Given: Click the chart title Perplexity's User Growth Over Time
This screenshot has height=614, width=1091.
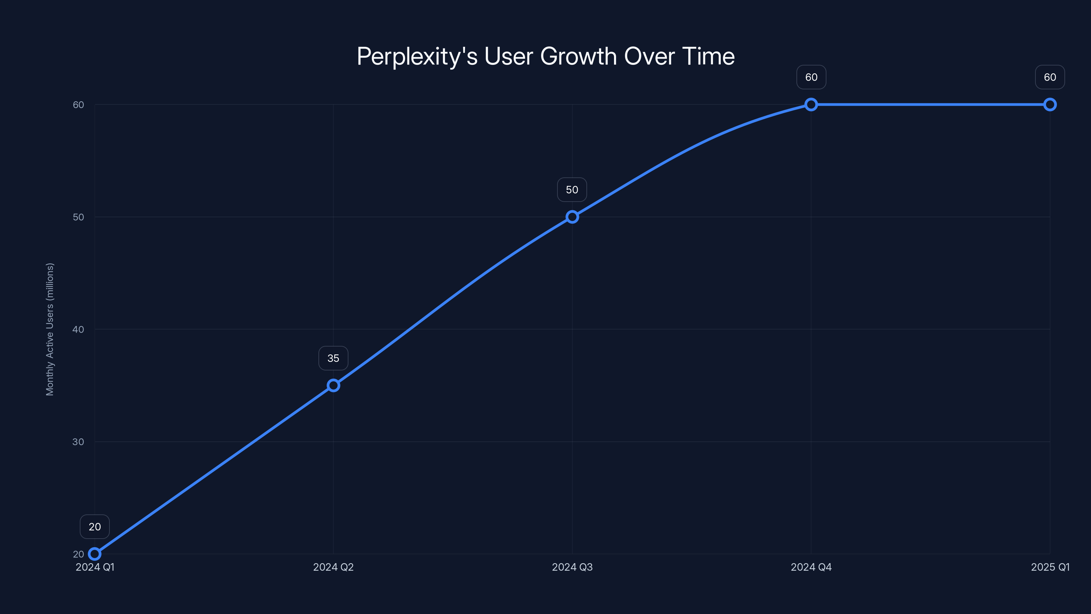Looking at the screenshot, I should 545,56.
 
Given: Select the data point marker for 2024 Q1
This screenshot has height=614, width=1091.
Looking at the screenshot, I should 95,554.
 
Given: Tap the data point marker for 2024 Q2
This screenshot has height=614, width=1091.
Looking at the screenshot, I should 333,385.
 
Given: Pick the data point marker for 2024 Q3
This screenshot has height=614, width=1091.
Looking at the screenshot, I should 572,217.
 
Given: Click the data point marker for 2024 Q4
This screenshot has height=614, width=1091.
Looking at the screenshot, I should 811,105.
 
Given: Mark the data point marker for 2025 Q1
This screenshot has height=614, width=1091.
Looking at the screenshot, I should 1050,105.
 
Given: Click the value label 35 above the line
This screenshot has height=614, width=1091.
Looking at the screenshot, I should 333,358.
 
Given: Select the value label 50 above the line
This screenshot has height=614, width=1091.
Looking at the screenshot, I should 572,190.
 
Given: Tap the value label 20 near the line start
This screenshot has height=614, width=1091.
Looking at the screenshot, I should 95,527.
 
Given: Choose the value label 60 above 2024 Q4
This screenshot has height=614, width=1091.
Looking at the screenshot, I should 811,77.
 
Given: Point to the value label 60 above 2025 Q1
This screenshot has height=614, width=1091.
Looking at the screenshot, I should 1050,77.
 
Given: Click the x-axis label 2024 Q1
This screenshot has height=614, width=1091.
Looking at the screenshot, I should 95,567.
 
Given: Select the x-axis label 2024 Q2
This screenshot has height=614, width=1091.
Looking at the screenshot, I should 333,567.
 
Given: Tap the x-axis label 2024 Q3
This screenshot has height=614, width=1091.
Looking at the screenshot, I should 572,567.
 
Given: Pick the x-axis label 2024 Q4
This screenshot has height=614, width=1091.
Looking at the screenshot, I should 811,567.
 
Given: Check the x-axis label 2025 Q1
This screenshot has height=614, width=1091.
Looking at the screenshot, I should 1050,567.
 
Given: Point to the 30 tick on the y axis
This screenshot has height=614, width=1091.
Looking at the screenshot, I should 78,441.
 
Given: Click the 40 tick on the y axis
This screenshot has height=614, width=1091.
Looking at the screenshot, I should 78,329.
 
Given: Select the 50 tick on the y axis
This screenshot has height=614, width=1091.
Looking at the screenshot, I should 78,217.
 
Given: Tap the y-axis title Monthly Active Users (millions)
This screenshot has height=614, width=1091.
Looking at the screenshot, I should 50,329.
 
